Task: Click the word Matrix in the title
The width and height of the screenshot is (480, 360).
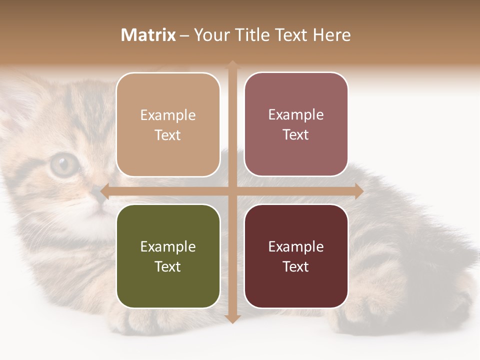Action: click(148, 35)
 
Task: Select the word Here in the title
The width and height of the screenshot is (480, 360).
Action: click(331, 35)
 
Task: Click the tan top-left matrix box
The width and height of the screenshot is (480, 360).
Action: click(168, 124)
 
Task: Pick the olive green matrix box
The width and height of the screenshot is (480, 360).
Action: click(168, 256)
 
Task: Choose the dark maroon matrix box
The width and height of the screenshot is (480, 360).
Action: click(296, 256)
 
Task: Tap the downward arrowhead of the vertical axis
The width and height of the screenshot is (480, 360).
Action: click(232, 318)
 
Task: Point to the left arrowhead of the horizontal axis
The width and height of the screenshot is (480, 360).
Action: click(104, 191)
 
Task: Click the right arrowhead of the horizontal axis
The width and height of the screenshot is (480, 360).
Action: click(359, 191)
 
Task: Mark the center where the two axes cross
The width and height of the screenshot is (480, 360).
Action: click(232, 191)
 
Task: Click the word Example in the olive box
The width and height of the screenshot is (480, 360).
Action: click(168, 246)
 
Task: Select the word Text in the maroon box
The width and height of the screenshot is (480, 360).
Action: click(296, 266)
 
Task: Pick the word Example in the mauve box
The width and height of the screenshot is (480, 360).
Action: click(296, 114)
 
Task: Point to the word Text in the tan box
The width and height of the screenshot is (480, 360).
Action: click(168, 135)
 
